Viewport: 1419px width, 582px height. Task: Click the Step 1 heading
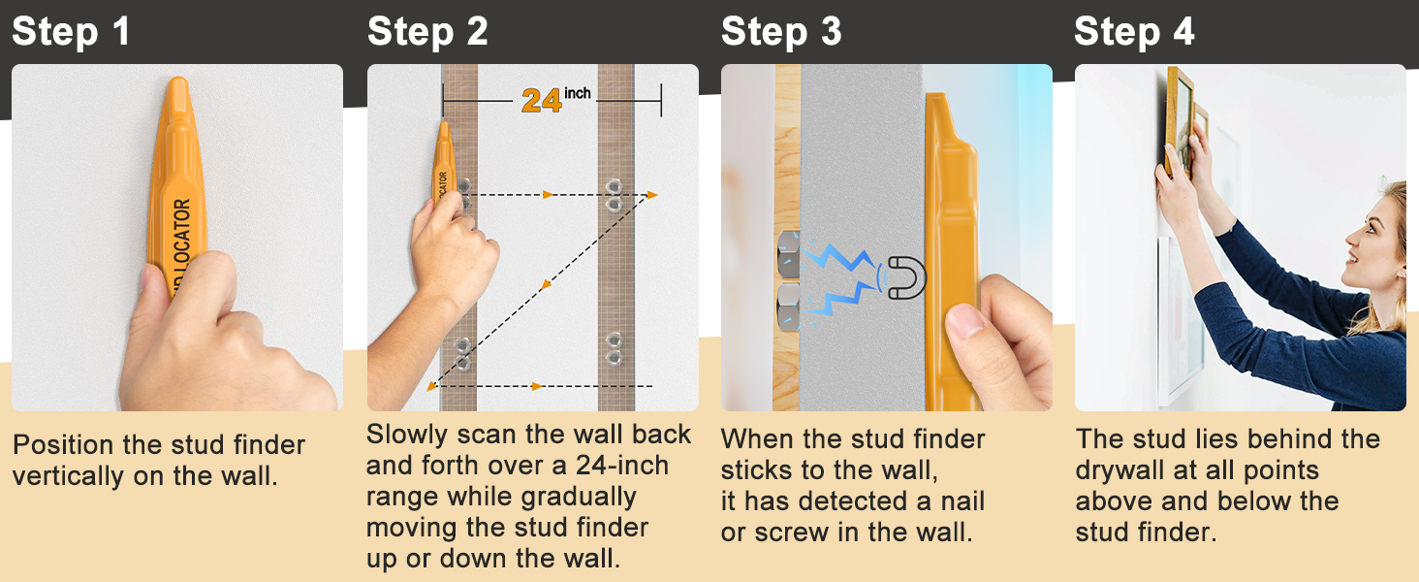click(x=71, y=32)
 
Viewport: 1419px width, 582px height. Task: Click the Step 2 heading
click(x=427, y=32)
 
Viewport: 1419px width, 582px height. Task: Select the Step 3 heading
click(x=781, y=32)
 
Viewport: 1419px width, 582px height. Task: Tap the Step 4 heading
click(x=1134, y=32)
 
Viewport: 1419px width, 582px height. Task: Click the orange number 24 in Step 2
click(x=541, y=100)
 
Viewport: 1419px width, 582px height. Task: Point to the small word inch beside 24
click(x=578, y=93)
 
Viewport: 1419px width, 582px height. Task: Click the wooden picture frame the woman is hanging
click(x=1181, y=121)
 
